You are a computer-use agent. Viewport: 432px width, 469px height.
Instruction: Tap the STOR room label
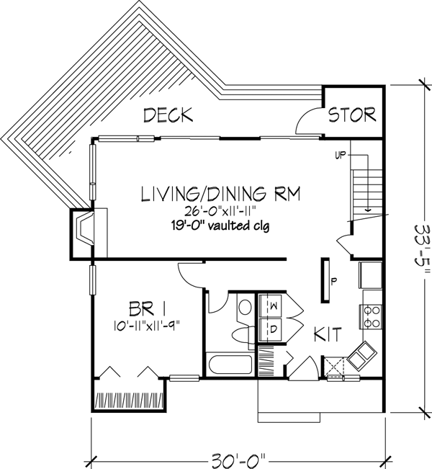352,115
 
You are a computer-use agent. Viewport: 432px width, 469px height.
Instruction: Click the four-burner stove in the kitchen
370,316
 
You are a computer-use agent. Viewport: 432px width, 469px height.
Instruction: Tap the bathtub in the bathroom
229,365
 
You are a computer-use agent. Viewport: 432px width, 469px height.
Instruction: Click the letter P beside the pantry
333,282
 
